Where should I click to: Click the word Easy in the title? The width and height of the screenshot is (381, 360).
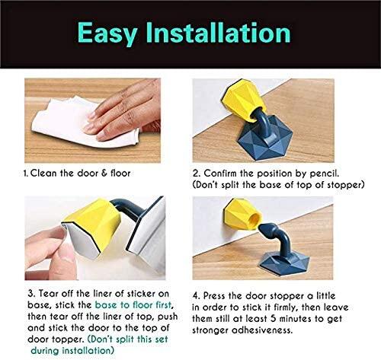[108, 33]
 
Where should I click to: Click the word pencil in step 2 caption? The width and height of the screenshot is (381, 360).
[325, 174]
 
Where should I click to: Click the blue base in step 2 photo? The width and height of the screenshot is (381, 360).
[264, 139]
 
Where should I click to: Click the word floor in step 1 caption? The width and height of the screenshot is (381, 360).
[120, 174]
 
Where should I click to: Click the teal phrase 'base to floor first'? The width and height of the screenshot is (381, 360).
[133, 305]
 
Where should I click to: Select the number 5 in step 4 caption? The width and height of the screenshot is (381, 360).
[274, 319]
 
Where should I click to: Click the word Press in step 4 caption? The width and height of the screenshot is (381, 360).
[214, 296]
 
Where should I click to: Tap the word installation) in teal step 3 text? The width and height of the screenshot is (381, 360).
[88, 351]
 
